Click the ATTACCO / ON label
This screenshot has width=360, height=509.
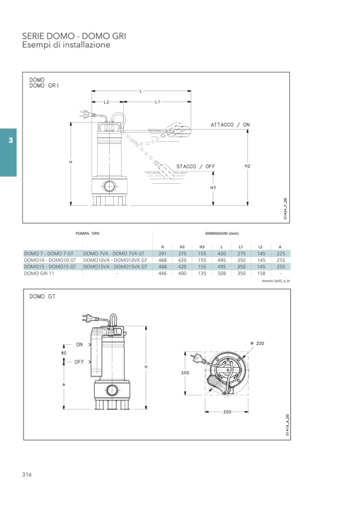point(230,125)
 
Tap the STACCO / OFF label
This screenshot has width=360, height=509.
point(196,167)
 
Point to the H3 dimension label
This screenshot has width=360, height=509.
point(213,188)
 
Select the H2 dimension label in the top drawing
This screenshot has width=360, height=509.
point(247,166)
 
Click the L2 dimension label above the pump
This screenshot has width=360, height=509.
point(107,102)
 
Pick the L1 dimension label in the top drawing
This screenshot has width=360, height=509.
point(158,102)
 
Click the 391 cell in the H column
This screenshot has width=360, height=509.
point(162,254)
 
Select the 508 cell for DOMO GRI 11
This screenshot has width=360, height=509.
point(222,273)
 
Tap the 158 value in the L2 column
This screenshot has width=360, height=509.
point(261,273)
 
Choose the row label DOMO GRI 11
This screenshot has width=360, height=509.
point(39,273)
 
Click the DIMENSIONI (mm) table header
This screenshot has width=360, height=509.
point(222,234)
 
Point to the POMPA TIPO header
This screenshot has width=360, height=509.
point(87,234)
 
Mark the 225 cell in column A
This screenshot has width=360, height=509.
point(281,254)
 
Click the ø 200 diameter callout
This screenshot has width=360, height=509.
point(258,343)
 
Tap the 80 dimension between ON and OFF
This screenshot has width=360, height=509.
point(64,353)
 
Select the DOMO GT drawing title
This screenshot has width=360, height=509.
point(42,296)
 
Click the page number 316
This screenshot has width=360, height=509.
point(27,475)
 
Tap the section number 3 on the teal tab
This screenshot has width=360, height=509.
point(11,140)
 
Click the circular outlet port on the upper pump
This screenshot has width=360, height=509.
point(109,187)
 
